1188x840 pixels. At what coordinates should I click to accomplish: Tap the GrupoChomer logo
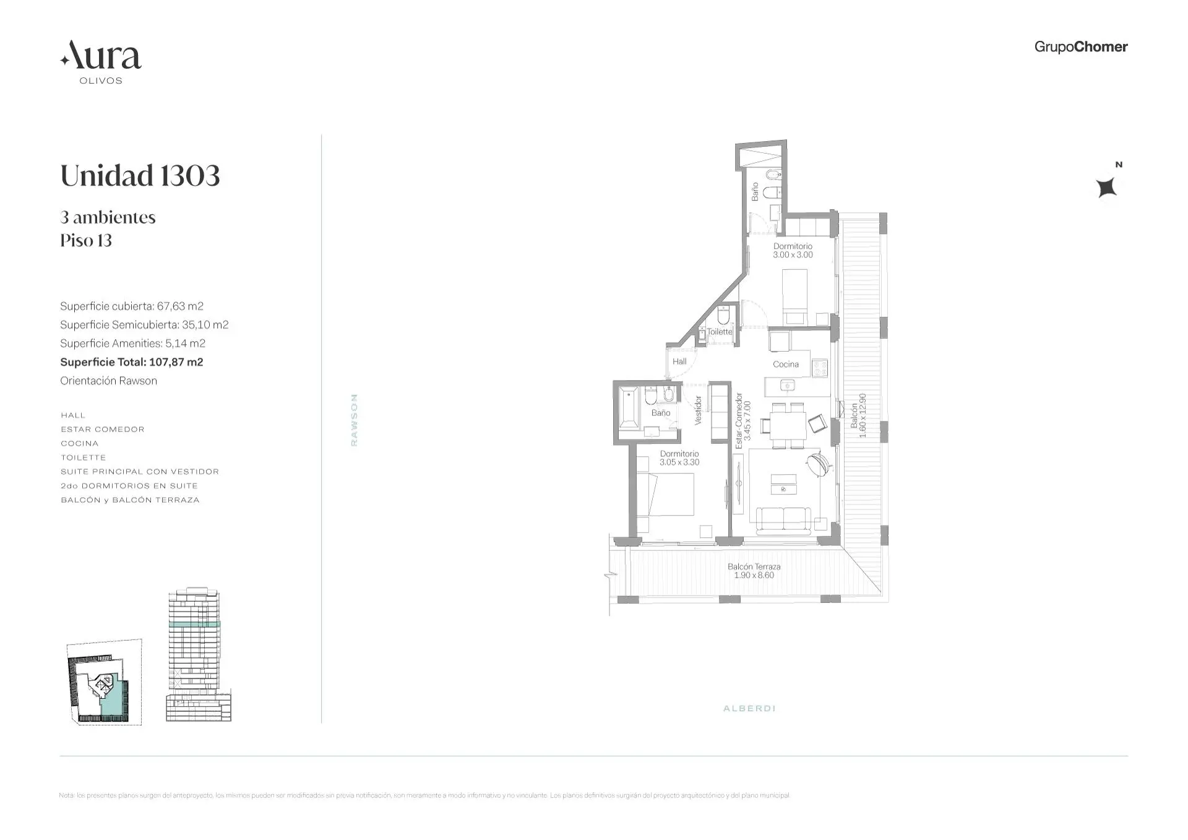(x=1080, y=47)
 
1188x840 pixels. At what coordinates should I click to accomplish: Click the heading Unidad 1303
(x=140, y=176)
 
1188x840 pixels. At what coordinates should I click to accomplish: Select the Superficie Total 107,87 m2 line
(x=131, y=362)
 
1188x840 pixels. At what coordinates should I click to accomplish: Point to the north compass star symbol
(x=1106, y=187)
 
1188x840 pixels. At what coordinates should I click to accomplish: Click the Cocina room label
(x=785, y=365)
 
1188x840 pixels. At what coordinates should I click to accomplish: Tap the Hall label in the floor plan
(x=679, y=362)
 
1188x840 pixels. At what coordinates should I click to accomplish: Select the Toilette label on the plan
(x=720, y=332)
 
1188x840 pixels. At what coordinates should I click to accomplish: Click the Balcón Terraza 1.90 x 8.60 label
(x=754, y=571)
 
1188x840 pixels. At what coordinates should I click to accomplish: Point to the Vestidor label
(x=699, y=410)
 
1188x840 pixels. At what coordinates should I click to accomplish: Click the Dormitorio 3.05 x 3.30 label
(x=679, y=458)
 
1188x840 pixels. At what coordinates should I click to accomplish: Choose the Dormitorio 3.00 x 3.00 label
(x=793, y=251)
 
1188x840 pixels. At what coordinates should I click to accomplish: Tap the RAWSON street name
(x=354, y=420)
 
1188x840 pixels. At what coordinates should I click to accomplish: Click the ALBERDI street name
(x=749, y=708)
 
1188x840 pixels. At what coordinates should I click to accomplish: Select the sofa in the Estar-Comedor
(x=783, y=519)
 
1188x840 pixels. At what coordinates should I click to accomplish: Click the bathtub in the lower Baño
(x=629, y=407)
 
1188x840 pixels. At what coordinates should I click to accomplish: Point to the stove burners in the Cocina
(x=820, y=368)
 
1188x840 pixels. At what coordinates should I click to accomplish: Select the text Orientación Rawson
(x=108, y=381)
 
